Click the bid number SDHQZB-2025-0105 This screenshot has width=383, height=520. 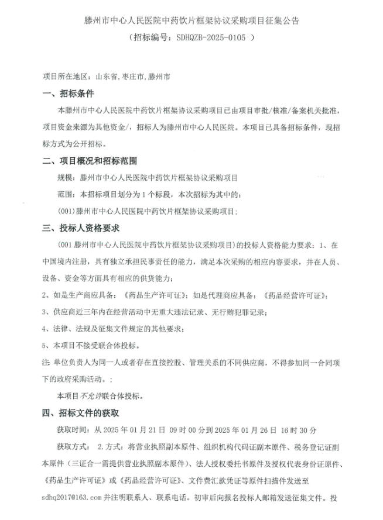coord(208,37)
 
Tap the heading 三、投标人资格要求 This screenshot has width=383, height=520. coord(83,228)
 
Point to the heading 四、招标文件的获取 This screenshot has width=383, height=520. coord(83,412)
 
